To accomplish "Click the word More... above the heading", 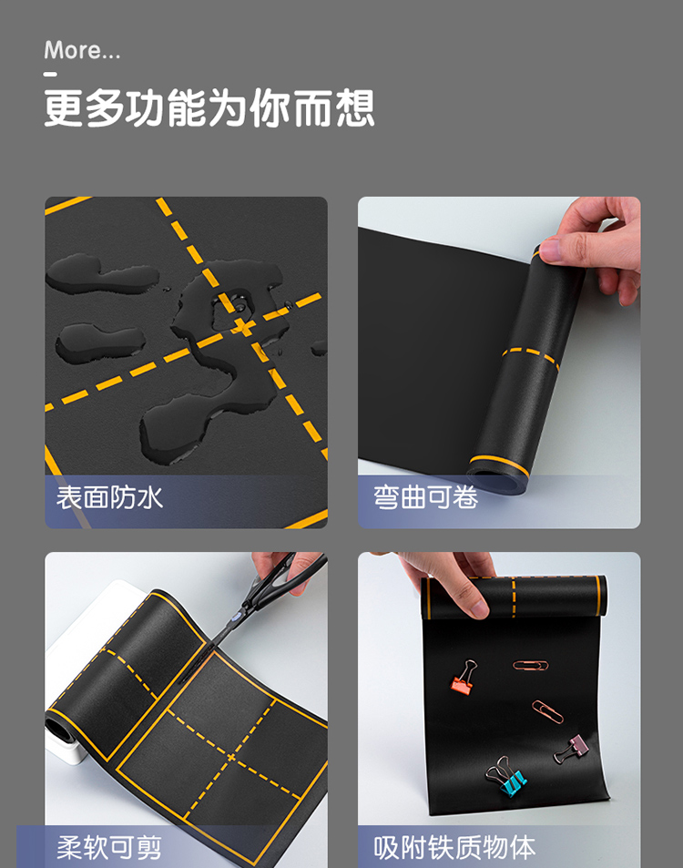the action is coord(82,50).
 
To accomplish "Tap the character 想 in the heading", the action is coord(355,107).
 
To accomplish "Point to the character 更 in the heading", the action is coord(64,107).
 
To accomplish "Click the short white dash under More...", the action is coord(50,73).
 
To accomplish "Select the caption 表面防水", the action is coord(109,497).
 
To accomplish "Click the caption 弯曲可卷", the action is coord(425,497).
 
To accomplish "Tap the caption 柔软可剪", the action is coord(109,848).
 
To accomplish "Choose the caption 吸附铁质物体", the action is coord(454,848).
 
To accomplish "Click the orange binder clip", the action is coord(464,678).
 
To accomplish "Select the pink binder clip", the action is coord(571,749).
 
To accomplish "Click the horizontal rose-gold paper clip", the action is coord(530,665).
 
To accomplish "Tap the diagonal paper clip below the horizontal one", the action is coord(547,711).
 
